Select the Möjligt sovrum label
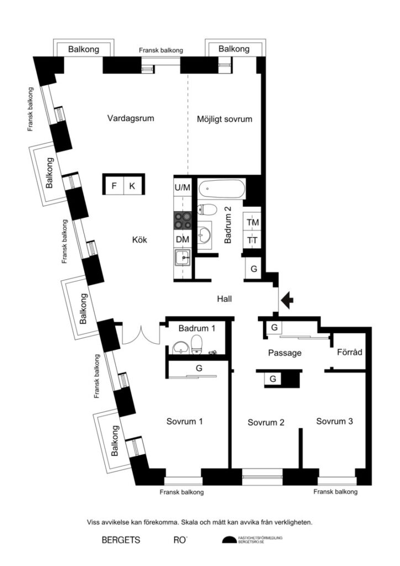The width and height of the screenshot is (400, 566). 224,119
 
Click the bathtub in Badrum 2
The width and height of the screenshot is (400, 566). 222,190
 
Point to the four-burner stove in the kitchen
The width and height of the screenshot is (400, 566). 182,220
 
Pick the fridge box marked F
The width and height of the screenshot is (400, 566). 114,186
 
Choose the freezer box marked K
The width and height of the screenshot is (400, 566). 132,186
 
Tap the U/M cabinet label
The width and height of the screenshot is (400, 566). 182,187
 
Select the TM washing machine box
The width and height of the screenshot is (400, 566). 253,222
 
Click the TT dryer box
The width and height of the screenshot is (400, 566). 253,240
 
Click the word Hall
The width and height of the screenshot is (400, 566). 224,299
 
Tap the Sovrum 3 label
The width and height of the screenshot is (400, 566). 334,421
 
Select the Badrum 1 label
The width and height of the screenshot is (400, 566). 197,328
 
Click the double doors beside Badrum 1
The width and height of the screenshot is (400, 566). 140,335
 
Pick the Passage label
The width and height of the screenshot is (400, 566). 285,353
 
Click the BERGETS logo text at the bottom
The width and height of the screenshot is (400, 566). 121,540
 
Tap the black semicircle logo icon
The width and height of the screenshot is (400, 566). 229,541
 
